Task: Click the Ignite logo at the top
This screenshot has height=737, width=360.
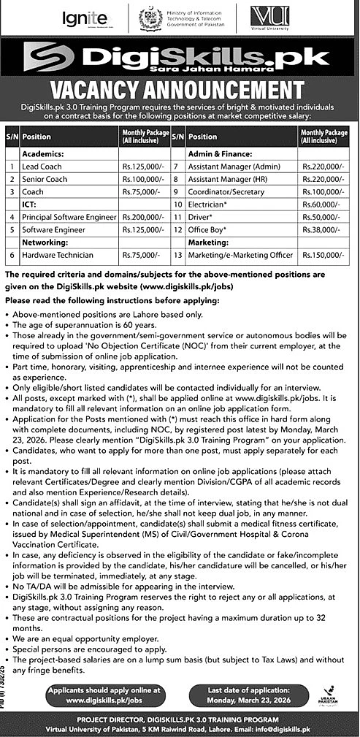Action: coord(85,18)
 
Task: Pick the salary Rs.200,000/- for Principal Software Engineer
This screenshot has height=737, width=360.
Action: coord(139,217)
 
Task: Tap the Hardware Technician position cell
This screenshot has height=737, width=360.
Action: coord(58,255)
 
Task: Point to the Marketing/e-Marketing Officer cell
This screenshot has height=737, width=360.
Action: coord(240,255)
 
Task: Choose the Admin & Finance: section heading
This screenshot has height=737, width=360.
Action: coord(220,155)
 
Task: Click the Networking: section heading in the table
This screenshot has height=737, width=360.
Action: coord(45,243)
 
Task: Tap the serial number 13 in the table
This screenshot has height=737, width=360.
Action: coord(177,255)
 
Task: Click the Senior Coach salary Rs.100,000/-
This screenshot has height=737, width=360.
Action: coord(139,180)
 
